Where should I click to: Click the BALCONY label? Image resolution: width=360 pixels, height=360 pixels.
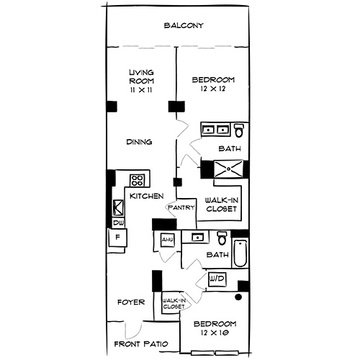pyautogui.click(x=184, y=26)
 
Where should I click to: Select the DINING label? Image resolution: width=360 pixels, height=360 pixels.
pyautogui.click(x=139, y=142)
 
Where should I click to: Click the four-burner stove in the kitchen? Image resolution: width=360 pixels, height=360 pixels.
pyautogui.click(x=138, y=180)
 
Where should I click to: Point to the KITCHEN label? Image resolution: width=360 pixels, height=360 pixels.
pyautogui.click(x=146, y=196)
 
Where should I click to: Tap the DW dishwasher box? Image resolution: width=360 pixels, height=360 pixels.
pyautogui.click(x=118, y=223)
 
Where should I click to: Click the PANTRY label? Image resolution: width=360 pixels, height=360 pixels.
pyautogui.click(x=181, y=208)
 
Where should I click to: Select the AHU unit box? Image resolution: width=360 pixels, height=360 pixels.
pyautogui.click(x=167, y=240)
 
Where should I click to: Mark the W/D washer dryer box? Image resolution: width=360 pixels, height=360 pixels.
pyautogui.click(x=216, y=278)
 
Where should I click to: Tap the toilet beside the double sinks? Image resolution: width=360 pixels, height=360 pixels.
pyautogui.click(x=239, y=130)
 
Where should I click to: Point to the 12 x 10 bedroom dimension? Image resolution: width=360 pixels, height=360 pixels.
pyautogui.click(x=215, y=335)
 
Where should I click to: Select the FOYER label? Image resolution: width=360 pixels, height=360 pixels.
pyautogui.click(x=132, y=302)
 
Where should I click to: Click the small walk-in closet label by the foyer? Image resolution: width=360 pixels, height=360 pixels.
pyautogui.click(x=173, y=304)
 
